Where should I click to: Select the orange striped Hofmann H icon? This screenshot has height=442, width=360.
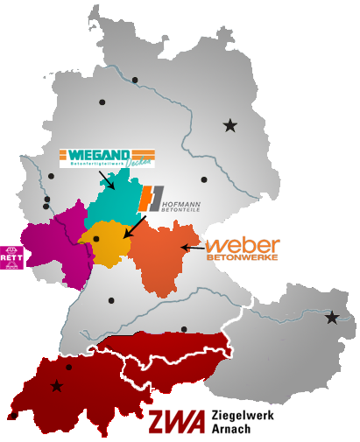(151, 199)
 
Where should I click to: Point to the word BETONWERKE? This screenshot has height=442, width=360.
(242, 257)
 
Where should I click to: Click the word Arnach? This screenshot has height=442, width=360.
(229, 428)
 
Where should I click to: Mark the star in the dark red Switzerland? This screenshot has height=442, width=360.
(57, 386)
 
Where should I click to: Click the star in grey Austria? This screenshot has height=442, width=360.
(332, 318)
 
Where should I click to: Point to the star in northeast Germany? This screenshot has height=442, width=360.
(229, 126)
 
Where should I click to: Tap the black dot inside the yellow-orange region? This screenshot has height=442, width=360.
(95, 238)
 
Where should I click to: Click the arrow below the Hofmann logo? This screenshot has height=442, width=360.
(133, 227)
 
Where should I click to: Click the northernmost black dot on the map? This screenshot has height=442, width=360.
(135, 80)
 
